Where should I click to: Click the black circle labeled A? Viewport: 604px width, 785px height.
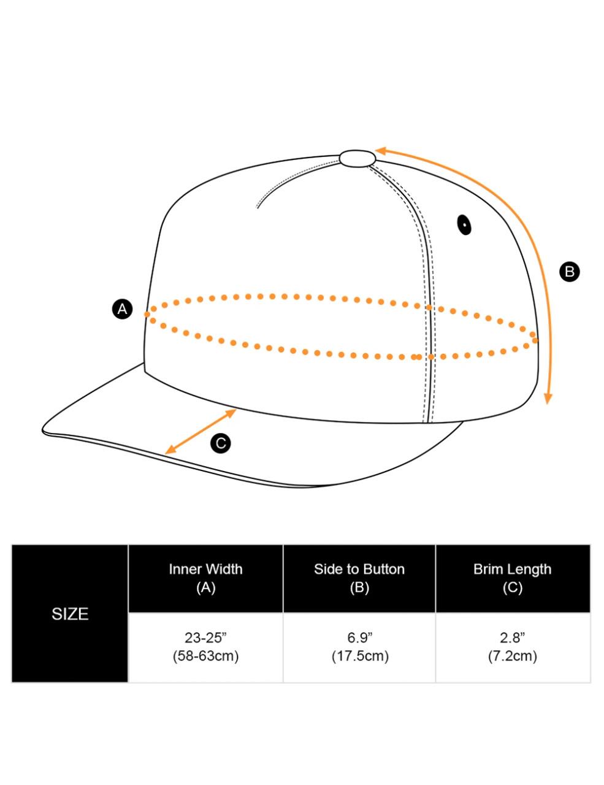(123, 308)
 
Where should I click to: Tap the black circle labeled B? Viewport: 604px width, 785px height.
(570, 271)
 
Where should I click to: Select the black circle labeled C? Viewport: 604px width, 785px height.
(221, 443)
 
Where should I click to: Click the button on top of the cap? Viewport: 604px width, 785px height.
(357, 158)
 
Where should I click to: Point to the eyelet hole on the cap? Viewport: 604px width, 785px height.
(464, 225)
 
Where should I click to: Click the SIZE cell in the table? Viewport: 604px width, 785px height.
(70, 614)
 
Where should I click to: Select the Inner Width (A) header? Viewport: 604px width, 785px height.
(206, 578)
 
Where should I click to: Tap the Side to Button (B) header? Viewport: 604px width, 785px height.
(359, 578)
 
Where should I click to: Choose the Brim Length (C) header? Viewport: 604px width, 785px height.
(513, 578)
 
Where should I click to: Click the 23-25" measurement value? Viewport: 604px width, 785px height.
(205, 637)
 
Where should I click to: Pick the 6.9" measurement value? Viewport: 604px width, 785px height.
(359, 637)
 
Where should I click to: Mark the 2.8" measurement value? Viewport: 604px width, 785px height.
(513, 637)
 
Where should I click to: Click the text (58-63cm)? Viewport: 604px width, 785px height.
(205, 656)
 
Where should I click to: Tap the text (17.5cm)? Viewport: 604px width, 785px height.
(360, 656)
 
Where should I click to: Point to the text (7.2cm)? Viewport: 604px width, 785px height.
(513, 656)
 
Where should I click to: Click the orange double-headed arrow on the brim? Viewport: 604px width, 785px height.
(201, 432)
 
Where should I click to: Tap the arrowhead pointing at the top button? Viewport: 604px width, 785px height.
(381, 150)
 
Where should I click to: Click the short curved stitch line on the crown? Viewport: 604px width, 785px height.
(288, 181)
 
